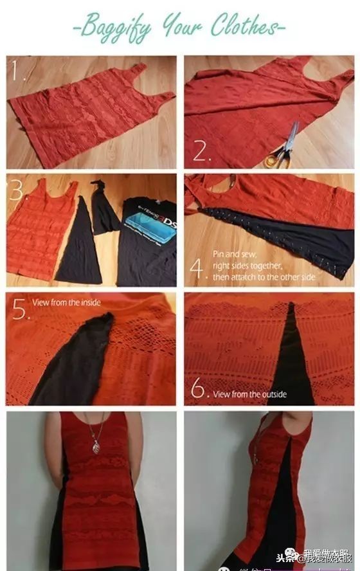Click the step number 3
[17, 190]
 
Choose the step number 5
[19, 311]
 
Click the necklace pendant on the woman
[96, 446]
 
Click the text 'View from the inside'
[66, 302]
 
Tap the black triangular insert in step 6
[293, 360]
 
